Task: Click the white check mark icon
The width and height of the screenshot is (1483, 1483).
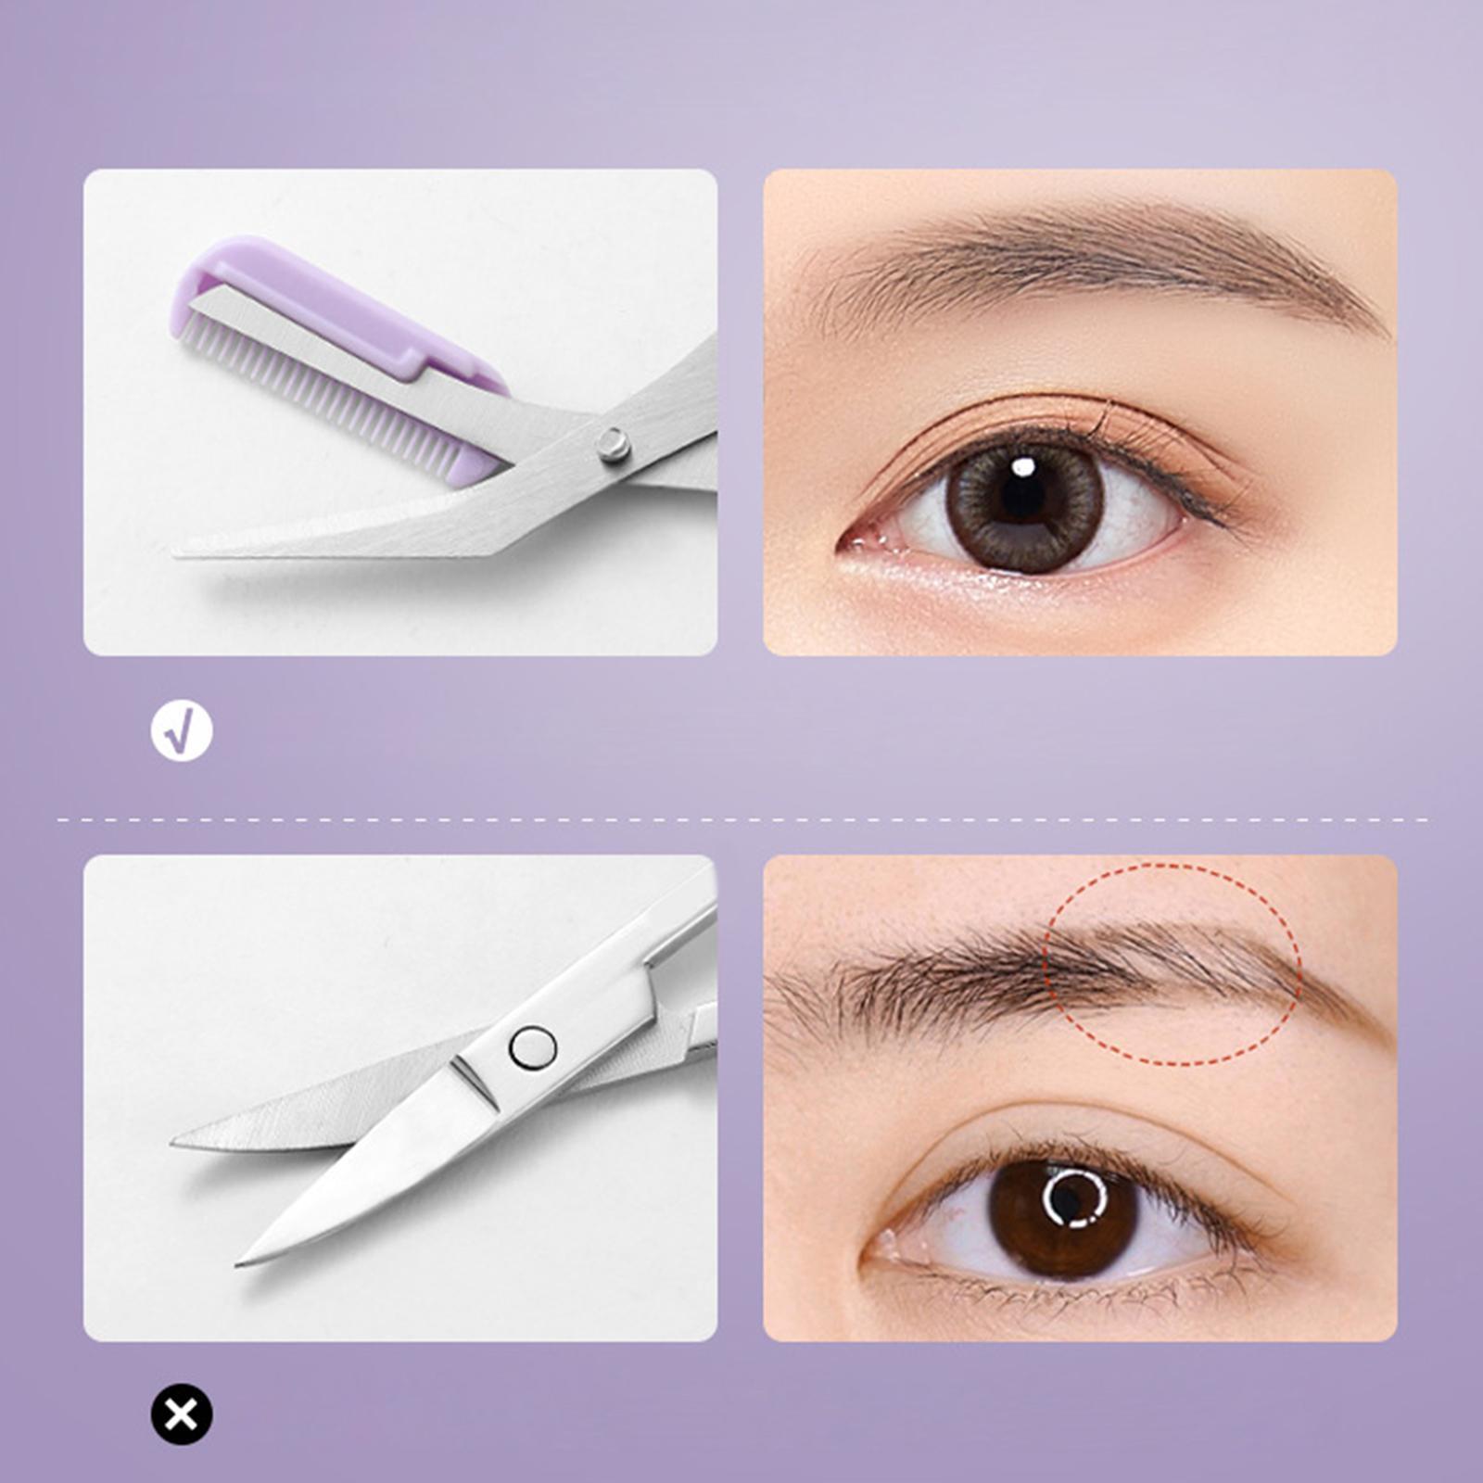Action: (x=182, y=731)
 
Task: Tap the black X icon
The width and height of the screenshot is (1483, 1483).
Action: (x=182, y=1413)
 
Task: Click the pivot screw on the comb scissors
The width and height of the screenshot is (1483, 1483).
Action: (x=613, y=445)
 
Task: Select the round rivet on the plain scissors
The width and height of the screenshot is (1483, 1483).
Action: (x=533, y=1048)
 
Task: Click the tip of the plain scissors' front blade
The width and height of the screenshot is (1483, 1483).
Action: (x=239, y=1262)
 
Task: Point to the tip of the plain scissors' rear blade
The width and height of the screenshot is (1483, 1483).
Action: (x=174, y=1142)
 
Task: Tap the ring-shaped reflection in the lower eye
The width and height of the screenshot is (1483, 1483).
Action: (x=1075, y=1198)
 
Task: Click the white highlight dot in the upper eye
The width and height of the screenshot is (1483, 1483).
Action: (x=1023, y=465)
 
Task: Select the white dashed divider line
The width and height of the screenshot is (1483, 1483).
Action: (x=741, y=819)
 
